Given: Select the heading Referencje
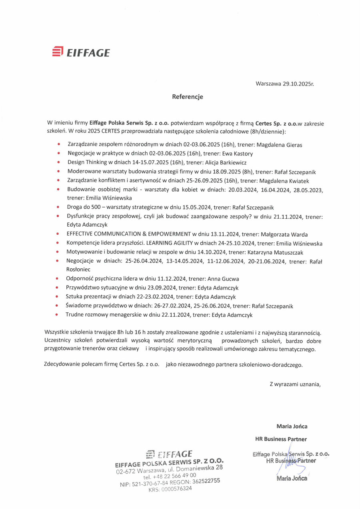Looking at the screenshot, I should pyautogui.click(x=188, y=97).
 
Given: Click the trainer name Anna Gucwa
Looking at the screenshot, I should pyautogui.click(x=224, y=279).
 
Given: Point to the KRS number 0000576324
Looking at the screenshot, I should pyautogui.click(x=176, y=488).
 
